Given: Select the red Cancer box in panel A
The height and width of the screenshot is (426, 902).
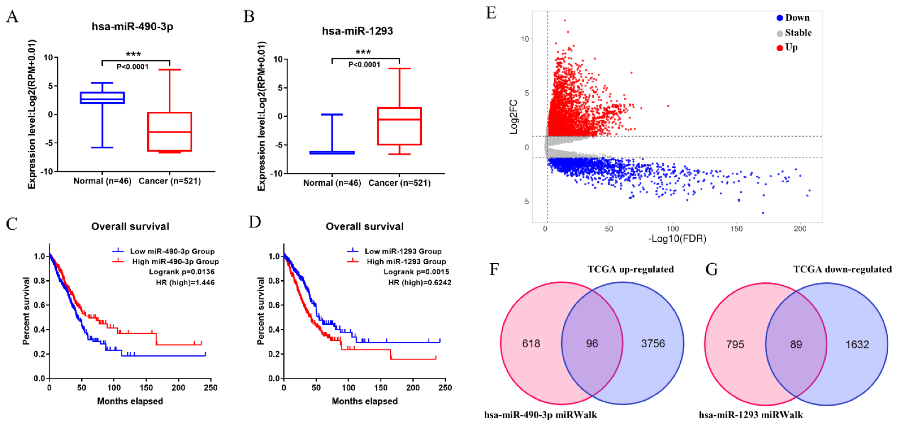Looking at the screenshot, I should coord(169,132).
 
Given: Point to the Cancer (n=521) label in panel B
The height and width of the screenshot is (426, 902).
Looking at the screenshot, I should coord(399,183).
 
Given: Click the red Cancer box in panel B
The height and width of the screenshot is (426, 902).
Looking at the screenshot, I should coord(399,126).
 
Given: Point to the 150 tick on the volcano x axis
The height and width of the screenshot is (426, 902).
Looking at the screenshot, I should coord(736,229).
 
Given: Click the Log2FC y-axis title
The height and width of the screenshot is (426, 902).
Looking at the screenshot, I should coord(513,117).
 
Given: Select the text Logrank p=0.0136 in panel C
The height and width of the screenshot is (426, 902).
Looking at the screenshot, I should coord(181,272).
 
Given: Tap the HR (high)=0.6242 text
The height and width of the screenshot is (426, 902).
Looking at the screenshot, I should coord(420,282).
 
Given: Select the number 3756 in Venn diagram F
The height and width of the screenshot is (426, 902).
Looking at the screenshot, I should coord(653,343).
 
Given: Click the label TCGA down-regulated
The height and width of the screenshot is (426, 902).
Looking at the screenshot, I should coord(842,269).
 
